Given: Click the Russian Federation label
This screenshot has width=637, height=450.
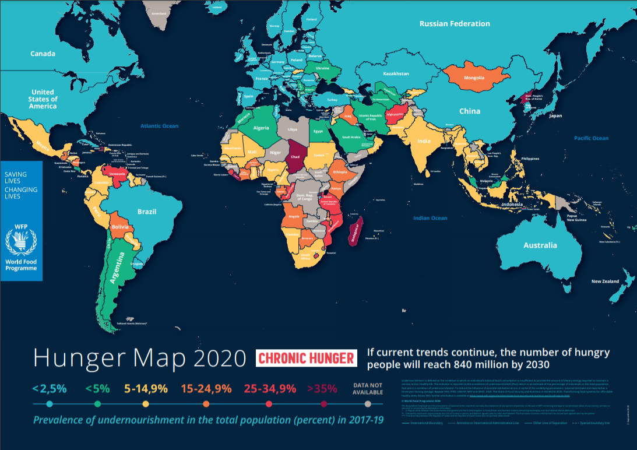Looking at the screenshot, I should point(455,24).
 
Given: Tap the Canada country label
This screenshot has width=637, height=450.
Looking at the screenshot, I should point(43,54).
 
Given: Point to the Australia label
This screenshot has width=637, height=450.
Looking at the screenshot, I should point(540,245).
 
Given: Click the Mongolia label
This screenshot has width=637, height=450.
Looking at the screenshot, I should point(474,78).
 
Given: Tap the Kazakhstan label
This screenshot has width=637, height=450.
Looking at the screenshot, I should point(396,74).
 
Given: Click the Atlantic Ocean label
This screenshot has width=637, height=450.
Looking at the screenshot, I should point(159,126).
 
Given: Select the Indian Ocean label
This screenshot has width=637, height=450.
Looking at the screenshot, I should point(430,218).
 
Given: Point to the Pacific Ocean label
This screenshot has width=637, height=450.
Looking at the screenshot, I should point(591,138).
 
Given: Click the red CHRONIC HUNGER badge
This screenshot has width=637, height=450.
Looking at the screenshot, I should point(307,358).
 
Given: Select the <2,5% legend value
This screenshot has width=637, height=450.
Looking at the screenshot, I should point(50,388).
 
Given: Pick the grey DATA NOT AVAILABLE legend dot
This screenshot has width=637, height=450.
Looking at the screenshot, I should point(367,404).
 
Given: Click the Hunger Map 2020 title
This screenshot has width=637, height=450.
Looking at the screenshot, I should point(139,358).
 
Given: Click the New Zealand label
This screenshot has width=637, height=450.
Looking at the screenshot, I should point(605,282).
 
